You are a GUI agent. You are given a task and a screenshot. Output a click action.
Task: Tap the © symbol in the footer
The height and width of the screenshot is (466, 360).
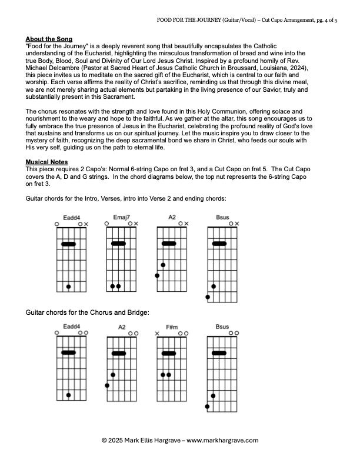[x=104, y=440]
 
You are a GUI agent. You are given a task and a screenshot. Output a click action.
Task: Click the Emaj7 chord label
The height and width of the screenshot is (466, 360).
[x=121, y=217]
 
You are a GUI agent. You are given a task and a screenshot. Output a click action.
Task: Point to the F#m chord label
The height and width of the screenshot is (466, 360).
[x=172, y=327]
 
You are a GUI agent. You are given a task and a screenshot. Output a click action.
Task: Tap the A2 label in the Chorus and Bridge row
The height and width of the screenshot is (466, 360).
[x=122, y=327]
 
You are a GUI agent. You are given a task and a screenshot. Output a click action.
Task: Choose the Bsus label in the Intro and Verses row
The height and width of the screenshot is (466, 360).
[x=222, y=217]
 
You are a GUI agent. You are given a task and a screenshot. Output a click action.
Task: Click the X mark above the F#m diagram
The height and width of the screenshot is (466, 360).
[x=157, y=334]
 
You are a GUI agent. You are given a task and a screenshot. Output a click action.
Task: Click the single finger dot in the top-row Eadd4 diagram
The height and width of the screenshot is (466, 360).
[x=69, y=287]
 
